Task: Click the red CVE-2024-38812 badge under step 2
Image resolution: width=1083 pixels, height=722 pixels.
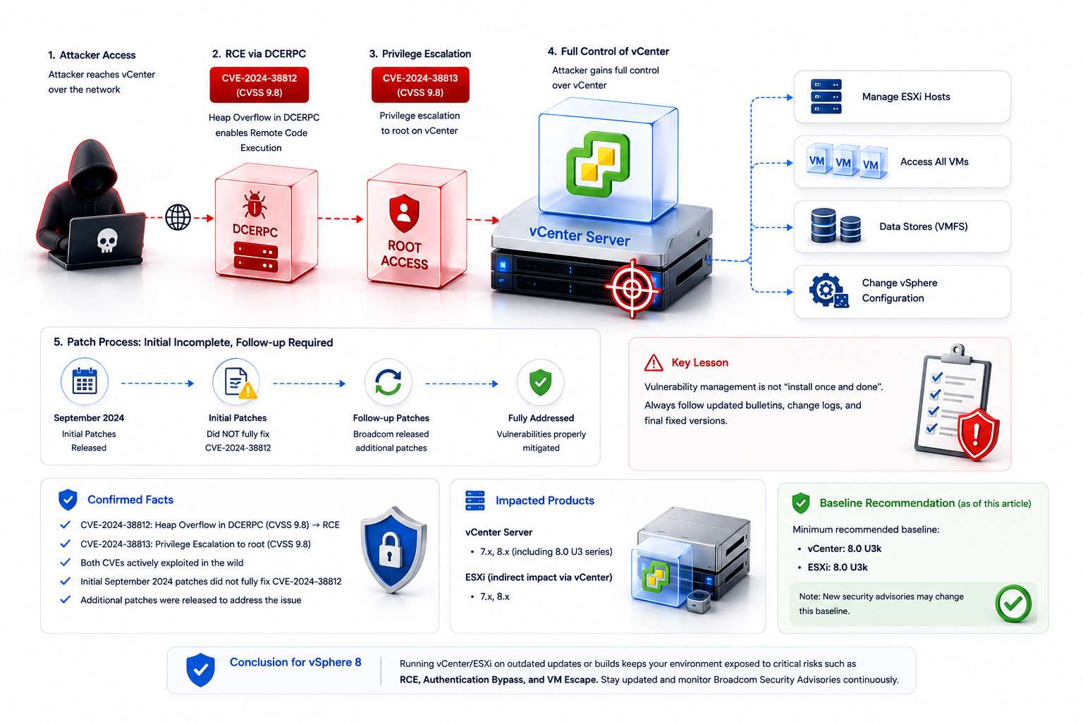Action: click(259, 85)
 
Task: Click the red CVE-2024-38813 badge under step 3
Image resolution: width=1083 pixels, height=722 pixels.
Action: click(420, 85)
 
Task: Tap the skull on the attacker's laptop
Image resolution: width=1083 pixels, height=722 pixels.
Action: click(107, 240)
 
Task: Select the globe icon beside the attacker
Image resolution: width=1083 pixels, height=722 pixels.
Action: click(178, 218)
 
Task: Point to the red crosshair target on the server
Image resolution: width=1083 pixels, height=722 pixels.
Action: click(632, 288)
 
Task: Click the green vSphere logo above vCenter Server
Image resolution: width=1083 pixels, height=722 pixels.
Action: click(599, 164)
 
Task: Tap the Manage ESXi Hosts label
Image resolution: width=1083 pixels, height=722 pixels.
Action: click(906, 97)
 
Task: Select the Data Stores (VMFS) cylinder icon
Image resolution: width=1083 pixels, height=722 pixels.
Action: click(836, 226)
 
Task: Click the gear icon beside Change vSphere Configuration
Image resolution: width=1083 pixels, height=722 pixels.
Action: click(828, 290)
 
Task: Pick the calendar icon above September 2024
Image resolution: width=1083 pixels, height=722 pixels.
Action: click(85, 381)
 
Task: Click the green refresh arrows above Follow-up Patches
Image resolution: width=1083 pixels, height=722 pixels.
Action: click(388, 383)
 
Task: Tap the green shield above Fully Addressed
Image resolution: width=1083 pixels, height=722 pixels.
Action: click(541, 383)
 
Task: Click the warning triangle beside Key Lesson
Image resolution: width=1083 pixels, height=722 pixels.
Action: click(654, 362)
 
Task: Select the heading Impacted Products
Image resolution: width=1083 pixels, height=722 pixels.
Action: click(545, 501)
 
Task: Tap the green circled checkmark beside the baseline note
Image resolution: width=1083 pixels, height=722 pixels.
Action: click(1013, 604)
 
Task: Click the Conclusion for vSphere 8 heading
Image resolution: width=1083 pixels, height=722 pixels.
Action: click(295, 662)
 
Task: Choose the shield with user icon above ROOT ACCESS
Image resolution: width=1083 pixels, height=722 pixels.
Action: click(404, 213)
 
